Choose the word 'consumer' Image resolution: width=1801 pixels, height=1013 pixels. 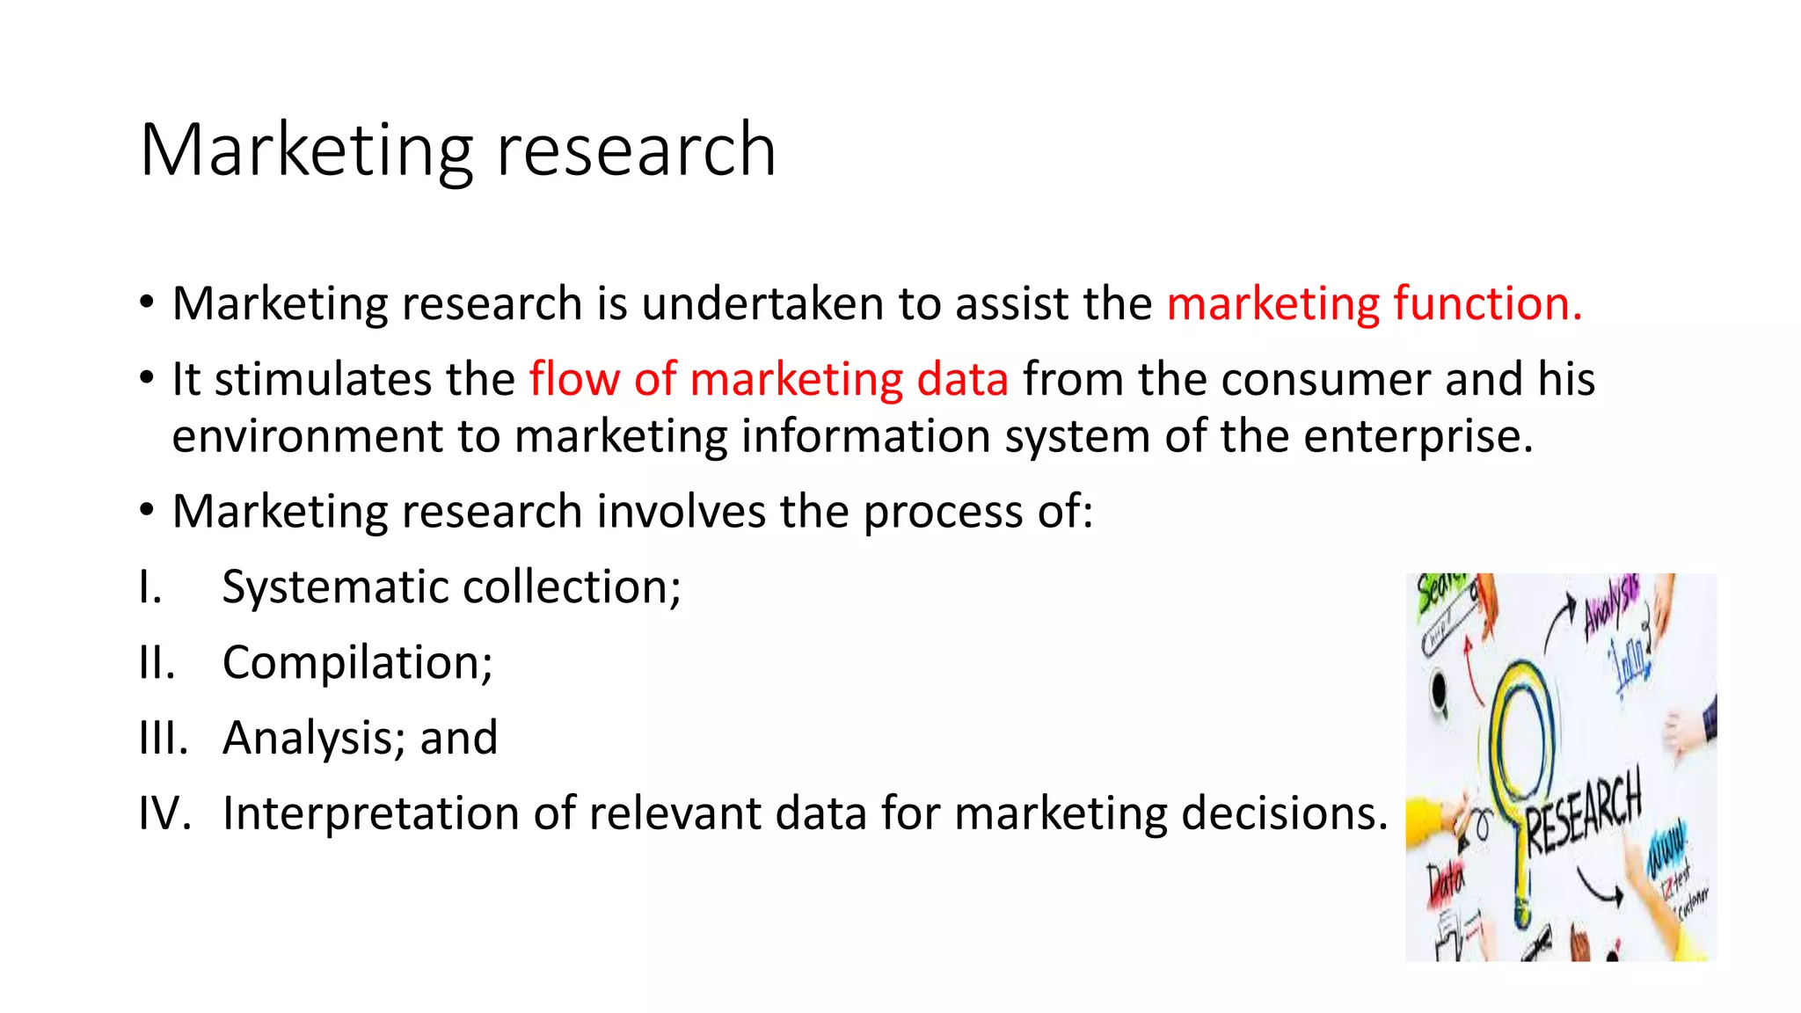point(1325,379)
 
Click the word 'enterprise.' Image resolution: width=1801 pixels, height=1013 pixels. point(1418,436)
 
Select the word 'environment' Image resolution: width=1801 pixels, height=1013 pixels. point(308,436)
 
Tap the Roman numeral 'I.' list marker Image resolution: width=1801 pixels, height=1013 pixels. point(150,587)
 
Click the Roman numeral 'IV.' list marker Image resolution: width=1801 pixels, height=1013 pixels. point(164,813)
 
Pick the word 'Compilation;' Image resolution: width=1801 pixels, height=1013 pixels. point(357,662)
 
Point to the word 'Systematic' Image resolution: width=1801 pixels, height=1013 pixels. point(335,587)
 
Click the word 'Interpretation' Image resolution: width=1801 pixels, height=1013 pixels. point(370,813)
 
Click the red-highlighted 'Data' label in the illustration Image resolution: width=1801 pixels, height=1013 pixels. point(1445,879)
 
